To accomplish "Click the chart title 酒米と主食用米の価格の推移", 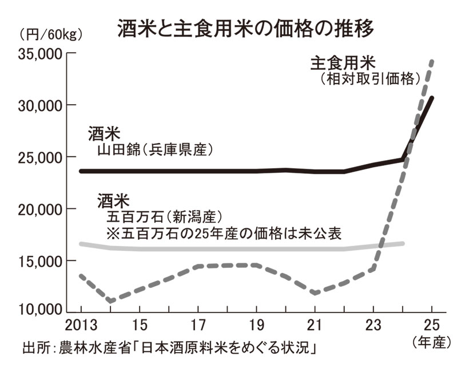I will tap(246, 28).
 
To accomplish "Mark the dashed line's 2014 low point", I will tap(109, 301).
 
